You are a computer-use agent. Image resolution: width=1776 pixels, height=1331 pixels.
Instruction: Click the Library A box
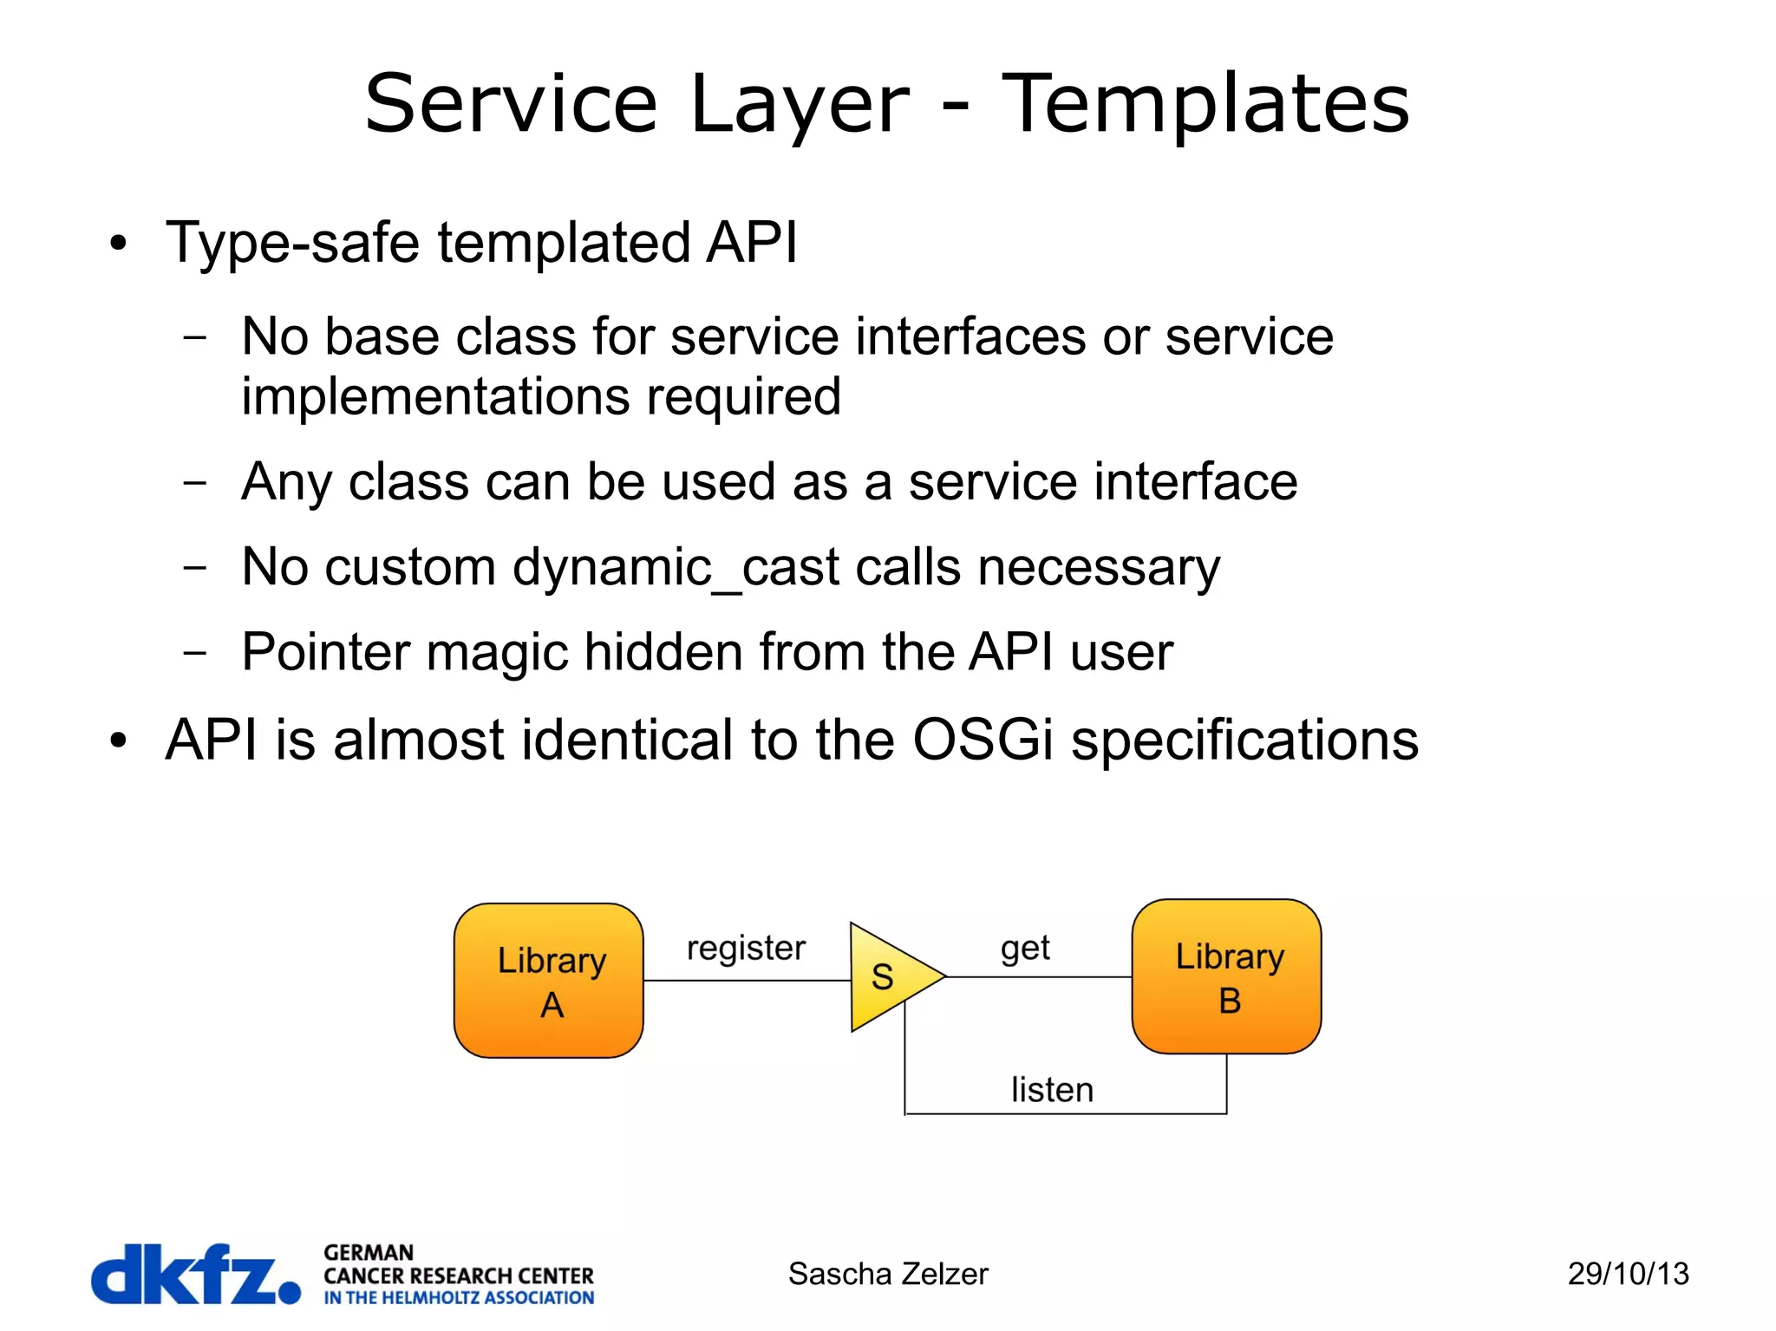[548, 980]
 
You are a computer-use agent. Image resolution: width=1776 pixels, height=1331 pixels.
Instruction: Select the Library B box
[1226, 976]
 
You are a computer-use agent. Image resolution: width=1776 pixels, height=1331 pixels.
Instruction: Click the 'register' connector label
[746, 948]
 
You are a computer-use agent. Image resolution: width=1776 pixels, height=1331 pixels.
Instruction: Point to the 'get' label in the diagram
[1025, 948]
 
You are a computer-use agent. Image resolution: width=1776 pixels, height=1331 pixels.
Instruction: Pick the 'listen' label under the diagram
[1052, 1090]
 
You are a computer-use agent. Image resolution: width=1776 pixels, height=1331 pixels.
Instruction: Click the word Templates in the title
[1205, 104]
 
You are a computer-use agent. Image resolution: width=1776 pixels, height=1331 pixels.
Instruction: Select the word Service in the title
[512, 104]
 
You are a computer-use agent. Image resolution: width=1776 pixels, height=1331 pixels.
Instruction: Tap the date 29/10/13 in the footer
[1628, 1274]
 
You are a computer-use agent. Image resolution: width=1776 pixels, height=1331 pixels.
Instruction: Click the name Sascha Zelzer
[887, 1274]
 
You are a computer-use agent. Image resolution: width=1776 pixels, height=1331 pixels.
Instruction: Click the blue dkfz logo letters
[195, 1274]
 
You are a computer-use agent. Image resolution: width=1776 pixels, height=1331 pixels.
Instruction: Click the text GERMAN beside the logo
[369, 1252]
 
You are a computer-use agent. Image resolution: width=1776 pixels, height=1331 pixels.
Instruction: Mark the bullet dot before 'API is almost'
[118, 741]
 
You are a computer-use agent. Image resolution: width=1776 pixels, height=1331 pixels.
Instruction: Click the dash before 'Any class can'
[195, 482]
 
